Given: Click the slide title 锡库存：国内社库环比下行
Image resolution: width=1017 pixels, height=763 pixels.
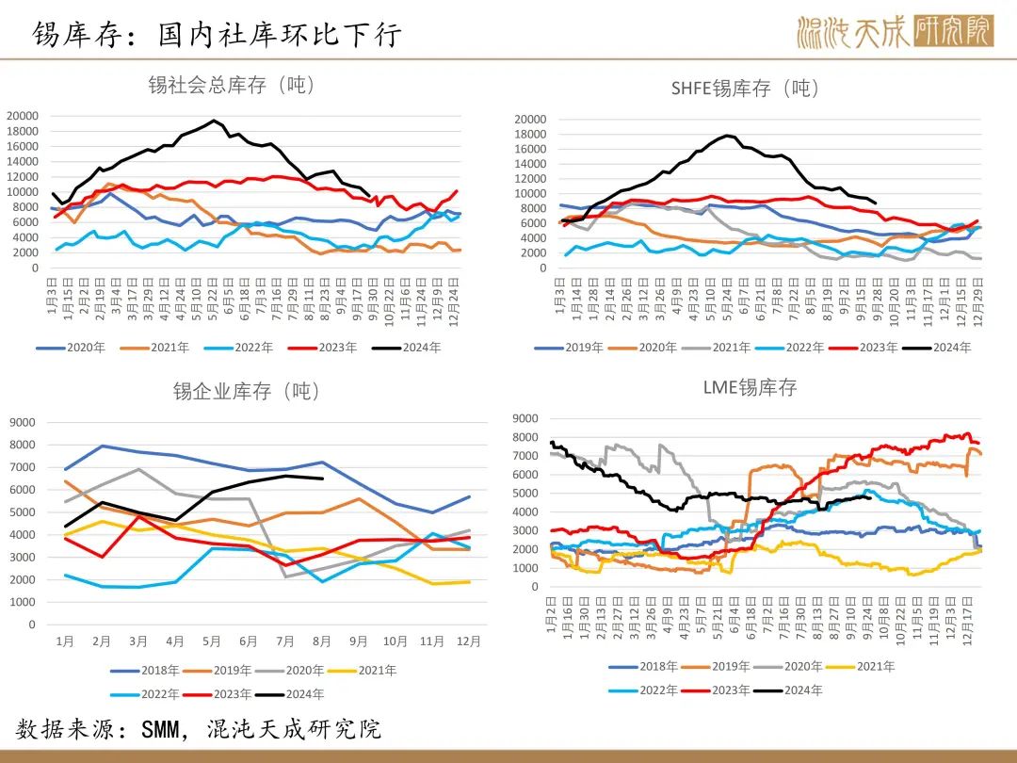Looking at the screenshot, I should [x=218, y=35].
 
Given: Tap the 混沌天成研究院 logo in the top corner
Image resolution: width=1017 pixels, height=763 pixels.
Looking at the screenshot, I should [x=896, y=32].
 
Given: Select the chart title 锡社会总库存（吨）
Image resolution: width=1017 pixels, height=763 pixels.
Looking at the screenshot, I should [x=231, y=85].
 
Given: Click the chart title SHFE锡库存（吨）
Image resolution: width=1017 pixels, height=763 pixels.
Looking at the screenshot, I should [x=745, y=89].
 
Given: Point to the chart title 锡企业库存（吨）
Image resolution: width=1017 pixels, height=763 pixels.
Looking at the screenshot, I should [x=248, y=391].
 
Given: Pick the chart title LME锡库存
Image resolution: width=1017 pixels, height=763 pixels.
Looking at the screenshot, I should [x=750, y=387].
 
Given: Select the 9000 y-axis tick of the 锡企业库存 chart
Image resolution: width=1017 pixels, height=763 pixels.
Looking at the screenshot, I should [x=25, y=422].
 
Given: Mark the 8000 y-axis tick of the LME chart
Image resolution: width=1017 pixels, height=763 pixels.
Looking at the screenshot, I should [x=525, y=437].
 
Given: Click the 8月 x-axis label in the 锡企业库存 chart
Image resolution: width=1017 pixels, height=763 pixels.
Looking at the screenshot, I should [x=322, y=641].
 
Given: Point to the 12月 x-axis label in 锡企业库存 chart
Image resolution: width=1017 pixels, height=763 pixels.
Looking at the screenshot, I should [x=468, y=641].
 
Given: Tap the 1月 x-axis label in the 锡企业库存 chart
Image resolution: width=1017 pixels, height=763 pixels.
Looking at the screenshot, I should [x=65, y=641].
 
